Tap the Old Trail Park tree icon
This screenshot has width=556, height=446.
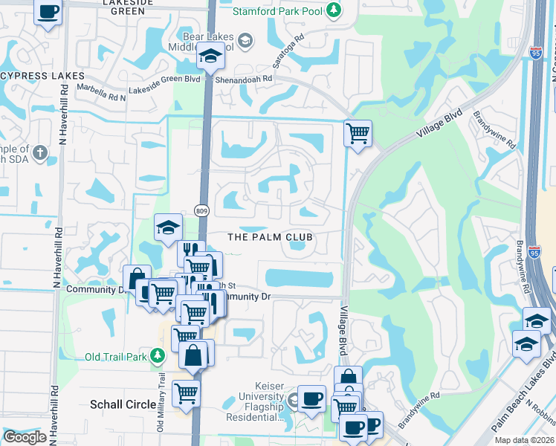coord(157,356)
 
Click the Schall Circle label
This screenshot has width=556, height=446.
coord(123,405)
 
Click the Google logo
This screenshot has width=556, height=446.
coord(25,437)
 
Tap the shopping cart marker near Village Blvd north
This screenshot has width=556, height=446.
coord(358,134)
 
